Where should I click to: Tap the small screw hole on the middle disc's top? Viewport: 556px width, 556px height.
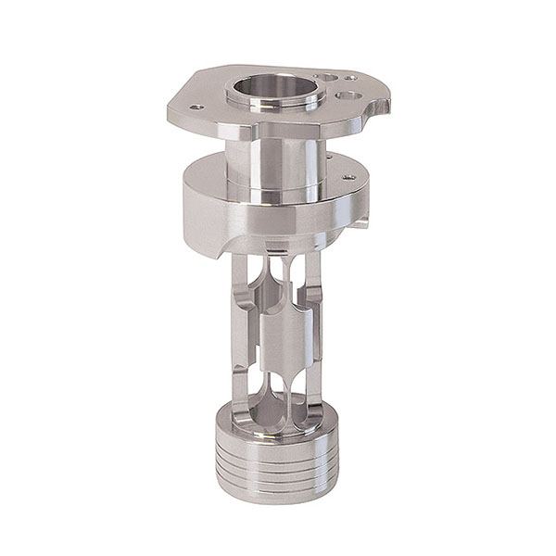coord(347,177)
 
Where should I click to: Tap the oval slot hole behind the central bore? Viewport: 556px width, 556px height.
coord(327,78)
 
